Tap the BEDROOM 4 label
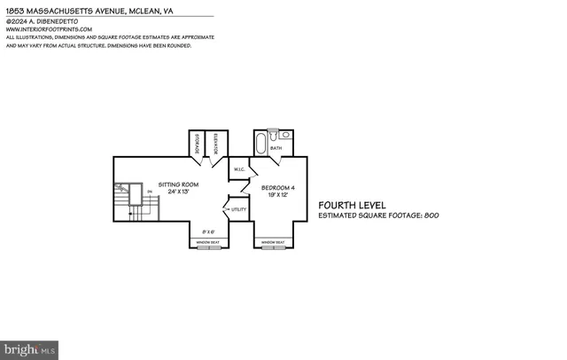tap(277, 186)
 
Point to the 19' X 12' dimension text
tap(277, 194)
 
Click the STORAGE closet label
tap(197, 145)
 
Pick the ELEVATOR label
tap(217, 145)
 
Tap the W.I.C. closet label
tap(239, 169)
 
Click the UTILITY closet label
tap(239, 209)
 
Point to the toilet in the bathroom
tap(276, 134)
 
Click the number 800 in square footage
tap(431, 215)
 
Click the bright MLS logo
tap(29, 349)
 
